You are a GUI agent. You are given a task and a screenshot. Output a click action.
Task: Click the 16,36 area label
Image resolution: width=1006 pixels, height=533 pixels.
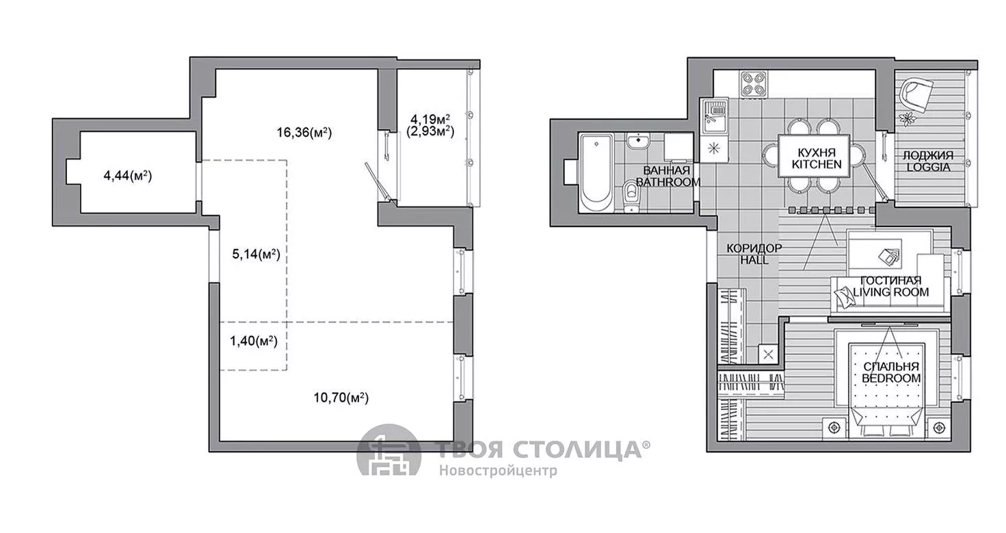click(304, 133)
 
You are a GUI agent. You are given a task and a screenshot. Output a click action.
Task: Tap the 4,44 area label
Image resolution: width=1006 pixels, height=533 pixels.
click(128, 176)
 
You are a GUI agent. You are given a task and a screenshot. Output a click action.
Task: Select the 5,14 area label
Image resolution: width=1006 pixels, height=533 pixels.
click(256, 255)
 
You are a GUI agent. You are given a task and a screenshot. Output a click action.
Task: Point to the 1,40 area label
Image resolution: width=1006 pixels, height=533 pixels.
click(254, 341)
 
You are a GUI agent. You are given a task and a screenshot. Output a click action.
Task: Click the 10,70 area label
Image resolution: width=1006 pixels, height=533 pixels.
click(341, 398)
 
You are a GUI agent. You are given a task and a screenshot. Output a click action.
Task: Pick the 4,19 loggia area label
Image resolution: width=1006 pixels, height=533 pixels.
click(430, 119)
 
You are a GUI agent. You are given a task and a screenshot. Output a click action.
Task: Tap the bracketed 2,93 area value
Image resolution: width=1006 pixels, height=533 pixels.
click(430, 131)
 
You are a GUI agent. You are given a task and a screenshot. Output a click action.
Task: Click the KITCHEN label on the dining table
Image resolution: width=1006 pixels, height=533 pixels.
click(817, 164)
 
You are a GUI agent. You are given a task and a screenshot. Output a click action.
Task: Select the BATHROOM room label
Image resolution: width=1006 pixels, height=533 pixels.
click(668, 182)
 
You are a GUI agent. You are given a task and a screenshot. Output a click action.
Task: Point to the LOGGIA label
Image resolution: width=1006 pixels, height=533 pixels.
click(928, 167)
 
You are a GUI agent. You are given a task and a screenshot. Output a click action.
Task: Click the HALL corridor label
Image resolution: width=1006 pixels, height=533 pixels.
click(754, 260)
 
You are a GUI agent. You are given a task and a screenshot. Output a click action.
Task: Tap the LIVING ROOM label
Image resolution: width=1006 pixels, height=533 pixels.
click(891, 292)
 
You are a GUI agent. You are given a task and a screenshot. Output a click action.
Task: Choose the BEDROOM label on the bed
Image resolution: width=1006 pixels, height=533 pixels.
click(891, 378)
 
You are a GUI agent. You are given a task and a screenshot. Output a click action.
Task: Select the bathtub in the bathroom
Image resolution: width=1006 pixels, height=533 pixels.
click(596, 173)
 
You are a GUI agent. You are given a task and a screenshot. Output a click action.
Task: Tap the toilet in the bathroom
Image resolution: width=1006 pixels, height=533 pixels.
click(632, 196)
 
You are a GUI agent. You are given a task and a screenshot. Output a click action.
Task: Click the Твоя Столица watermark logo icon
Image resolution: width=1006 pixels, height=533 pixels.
click(389, 451)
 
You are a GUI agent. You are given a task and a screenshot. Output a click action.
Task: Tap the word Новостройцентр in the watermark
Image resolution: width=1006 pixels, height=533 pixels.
click(498, 471)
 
